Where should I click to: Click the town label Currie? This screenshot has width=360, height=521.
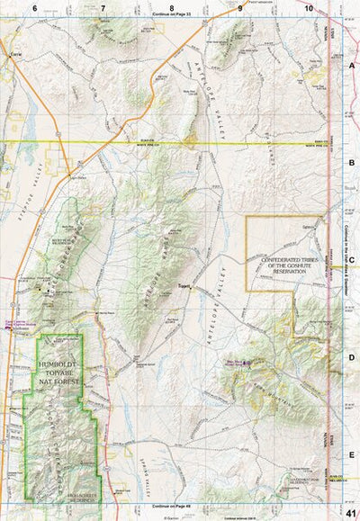[14, 55]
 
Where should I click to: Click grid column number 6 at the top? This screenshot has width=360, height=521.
[35, 8]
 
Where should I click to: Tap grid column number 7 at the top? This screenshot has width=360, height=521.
[103, 8]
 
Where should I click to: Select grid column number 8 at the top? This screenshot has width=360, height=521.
[171, 8]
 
